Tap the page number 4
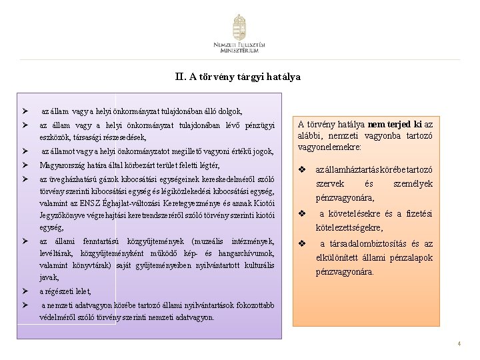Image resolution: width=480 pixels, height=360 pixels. click(459, 344)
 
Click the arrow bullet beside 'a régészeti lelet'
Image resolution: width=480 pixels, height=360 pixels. click(25, 291)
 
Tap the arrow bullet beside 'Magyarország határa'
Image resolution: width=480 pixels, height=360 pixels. click(25, 165)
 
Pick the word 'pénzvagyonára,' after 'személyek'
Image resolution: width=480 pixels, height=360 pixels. click(345, 197)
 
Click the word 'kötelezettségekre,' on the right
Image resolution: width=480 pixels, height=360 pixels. click(349, 227)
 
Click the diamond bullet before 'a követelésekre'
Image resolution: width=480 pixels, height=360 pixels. click(302, 214)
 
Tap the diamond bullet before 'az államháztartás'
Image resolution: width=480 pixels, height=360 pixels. click(302, 170)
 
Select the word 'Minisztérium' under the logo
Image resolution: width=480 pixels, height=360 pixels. click(239, 51)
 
